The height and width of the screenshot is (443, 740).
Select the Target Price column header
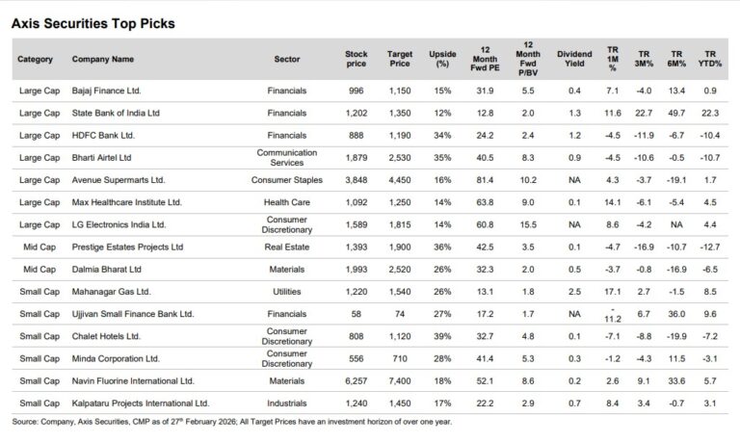pos(400,58)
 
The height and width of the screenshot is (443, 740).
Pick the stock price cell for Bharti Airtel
pos(357,158)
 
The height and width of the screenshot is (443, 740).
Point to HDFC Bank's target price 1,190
pos(400,136)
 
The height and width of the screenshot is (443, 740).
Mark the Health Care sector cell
pos(284,202)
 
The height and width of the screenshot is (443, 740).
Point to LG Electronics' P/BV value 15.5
pos(528,224)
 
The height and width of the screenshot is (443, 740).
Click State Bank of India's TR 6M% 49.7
pos(677,114)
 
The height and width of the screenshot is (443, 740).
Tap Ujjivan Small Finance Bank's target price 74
pos(400,314)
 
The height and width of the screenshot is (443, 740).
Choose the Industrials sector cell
pos(284,404)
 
